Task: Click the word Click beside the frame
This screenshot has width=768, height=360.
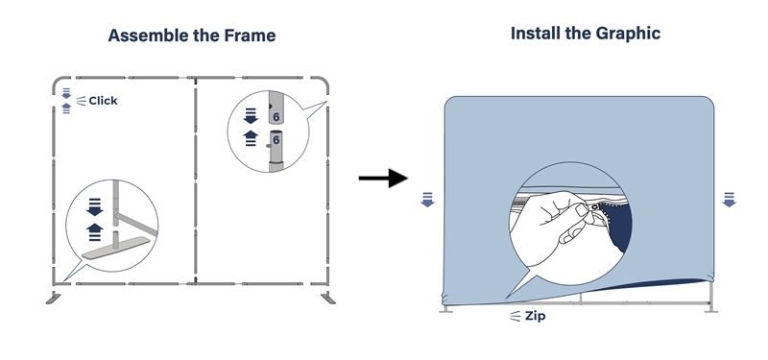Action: [103, 101]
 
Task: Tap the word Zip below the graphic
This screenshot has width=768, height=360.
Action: [536, 316]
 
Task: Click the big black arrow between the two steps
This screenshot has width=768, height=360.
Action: [383, 178]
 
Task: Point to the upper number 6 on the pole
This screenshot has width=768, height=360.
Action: [276, 117]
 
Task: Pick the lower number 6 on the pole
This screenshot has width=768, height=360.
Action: [276, 140]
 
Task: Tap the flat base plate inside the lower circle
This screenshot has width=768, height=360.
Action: [114, 248]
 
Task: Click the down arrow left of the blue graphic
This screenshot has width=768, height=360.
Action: [427, 200]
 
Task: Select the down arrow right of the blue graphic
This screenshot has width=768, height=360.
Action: [730, 200]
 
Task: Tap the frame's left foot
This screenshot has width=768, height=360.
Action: [53, 298]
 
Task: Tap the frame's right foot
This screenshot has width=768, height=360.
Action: [328, 298]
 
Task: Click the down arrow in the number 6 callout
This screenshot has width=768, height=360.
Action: [251, 116]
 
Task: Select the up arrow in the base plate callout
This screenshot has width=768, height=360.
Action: [94, 231]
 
